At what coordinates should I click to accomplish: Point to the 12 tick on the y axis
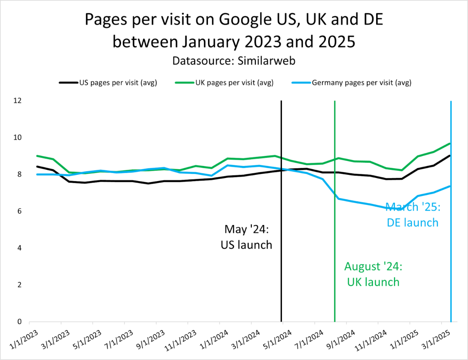click(x=18, y=101)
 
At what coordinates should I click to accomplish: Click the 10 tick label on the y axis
click(x=18, y=138)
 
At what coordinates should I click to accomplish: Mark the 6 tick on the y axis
click(x=21, y=211)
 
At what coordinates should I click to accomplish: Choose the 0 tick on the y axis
click(x=21, y=322)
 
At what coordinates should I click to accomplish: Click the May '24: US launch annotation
click(x=246, y=236)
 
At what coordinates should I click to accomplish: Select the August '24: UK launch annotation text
click(x=372, y=274)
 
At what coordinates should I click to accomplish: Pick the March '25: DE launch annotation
click(x=412, y=215)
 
